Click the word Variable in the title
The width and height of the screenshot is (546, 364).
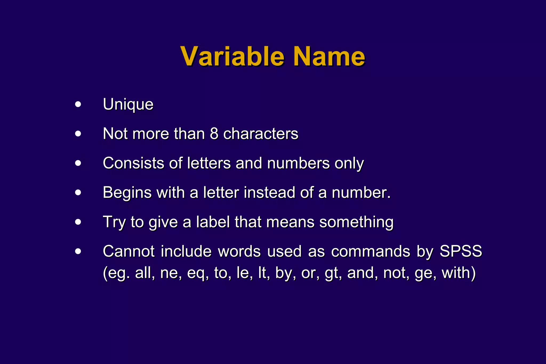click(232, 56)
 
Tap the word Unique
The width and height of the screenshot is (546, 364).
click(128, 104)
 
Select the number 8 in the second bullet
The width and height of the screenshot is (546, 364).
click(214, 134)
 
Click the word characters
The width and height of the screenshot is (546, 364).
click(260, 134)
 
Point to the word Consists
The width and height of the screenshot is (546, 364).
click(133, 163)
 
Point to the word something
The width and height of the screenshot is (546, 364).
click(356, 222)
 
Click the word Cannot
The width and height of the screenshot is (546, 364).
click(129, 251)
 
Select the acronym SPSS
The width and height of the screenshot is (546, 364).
click(461, 251)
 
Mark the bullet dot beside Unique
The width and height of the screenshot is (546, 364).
click(78, 104)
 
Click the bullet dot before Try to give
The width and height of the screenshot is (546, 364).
click(78, 222)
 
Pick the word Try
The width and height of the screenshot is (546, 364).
click(114, 222)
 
